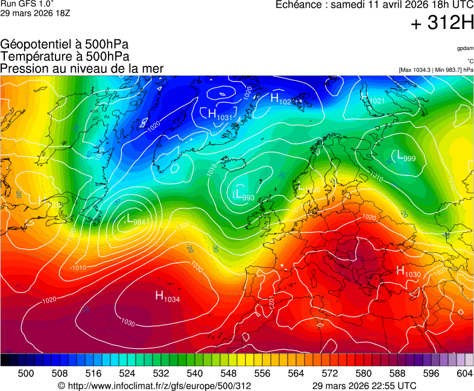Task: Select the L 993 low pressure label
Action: point(244,195)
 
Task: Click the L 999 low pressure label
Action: point(406,156)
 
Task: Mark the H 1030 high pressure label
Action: point(408,272)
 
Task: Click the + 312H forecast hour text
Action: point(443,24)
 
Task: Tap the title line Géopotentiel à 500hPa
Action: point(65,45)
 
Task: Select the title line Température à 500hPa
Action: point(65,56)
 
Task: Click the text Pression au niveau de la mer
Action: point(82,68)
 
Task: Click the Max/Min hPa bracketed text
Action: point(436,70)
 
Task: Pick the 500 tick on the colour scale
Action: point(25,374)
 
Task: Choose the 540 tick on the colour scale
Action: point(195,374)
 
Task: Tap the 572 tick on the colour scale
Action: point(330,374)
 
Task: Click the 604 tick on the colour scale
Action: point(464,374)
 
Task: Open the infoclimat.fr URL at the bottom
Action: point(154,386)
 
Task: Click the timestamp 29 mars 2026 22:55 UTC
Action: point(364,386)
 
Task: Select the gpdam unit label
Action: point(464,48)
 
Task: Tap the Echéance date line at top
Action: point(374,5)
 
